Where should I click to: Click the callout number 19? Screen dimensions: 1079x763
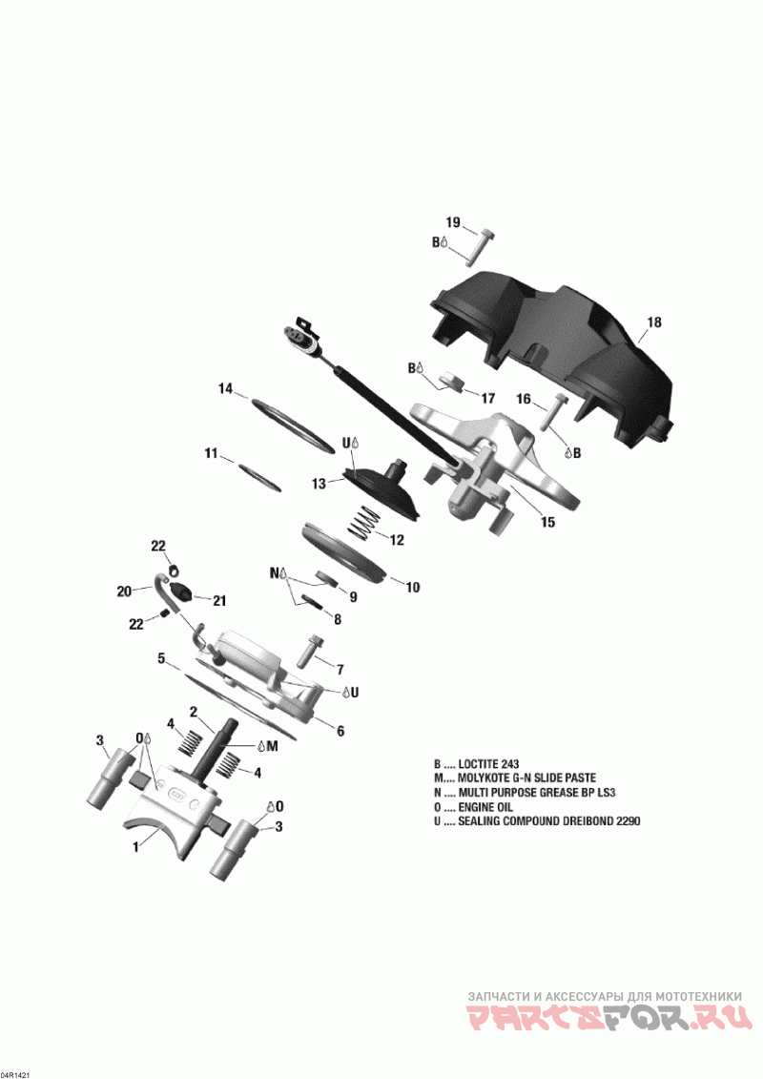454,222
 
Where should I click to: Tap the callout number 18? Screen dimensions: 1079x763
653,322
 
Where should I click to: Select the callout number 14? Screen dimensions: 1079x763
225,388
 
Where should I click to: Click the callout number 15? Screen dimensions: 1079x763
547,522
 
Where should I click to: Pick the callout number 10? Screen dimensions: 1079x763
412,588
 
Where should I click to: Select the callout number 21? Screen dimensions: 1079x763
219,600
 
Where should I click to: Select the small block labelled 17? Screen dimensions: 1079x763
454,383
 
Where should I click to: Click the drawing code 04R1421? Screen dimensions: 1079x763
16,1071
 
